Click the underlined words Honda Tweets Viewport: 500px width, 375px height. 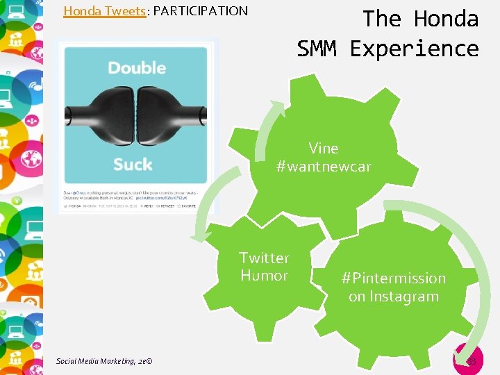point(105,11)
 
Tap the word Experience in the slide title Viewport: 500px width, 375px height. point(414,49)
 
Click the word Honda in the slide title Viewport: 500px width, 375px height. point(446,19)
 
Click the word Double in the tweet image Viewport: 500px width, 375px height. point(137,68)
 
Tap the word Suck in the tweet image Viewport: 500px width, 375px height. point(133,165)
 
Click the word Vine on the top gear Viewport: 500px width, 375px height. point(324,148)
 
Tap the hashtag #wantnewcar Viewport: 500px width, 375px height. point(324,167)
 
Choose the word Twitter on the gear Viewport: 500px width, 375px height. point(264,258)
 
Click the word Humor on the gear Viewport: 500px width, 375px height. point(264,276)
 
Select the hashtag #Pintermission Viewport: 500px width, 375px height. point(393,278)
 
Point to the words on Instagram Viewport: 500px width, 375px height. point(393,297)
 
